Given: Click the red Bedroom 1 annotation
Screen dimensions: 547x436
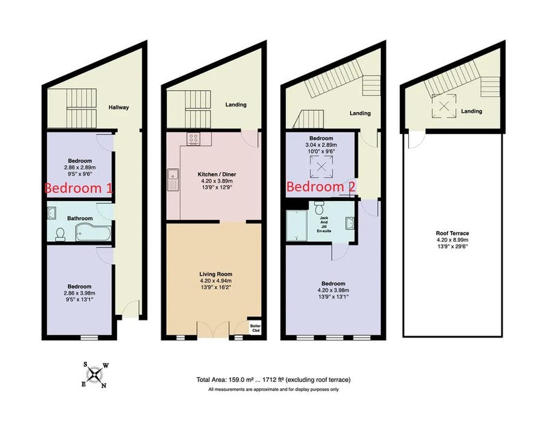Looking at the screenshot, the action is point(79,188).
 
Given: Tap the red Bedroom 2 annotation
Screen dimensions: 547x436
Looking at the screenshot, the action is point(321,187).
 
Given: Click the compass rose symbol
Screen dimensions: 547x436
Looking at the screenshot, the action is point(95,375).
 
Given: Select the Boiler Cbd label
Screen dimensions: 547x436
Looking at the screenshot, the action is point(255,328).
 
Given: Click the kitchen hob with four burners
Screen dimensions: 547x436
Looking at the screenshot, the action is point(194,139).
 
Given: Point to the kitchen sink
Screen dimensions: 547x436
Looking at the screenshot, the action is point(173,179).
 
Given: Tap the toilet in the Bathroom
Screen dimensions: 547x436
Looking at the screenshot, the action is point(60,234).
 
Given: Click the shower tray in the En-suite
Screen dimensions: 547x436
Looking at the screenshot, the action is point(297,226).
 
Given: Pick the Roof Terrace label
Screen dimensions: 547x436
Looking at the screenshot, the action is point(452,233).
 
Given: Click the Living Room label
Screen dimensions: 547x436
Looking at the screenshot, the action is point(215,274).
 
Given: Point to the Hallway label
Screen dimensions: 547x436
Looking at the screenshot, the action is point(118,107).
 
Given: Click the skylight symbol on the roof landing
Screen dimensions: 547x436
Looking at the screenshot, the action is point(443,106).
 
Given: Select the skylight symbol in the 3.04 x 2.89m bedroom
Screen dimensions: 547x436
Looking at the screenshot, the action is point(321,167).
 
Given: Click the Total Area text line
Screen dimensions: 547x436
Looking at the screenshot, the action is point(273,380).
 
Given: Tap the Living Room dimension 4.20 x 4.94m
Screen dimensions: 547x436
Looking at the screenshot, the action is point(215,281).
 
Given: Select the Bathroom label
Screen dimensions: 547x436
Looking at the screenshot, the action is point(80,219).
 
